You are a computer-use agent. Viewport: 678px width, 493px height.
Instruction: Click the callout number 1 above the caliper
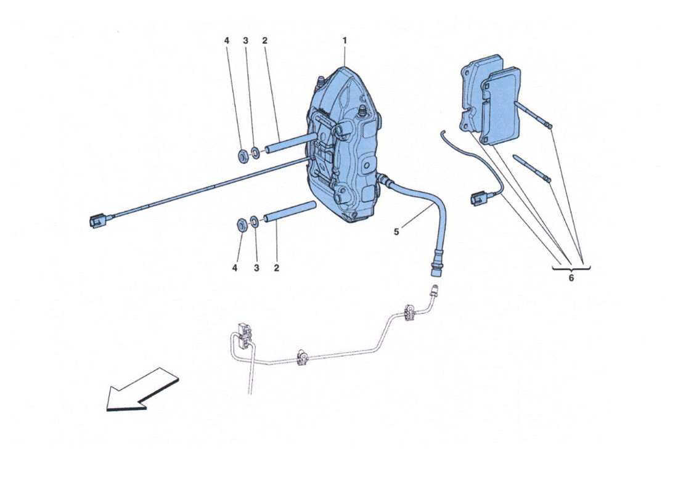pos(345,41)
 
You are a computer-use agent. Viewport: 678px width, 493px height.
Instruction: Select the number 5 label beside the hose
pos(396,232)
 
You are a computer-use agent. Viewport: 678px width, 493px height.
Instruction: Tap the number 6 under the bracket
pos(571,278)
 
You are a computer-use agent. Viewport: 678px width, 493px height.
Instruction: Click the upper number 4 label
pos(226,41)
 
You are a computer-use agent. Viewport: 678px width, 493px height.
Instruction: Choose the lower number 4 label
pos(234,268)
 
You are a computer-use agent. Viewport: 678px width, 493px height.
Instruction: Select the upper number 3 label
pos(245,41)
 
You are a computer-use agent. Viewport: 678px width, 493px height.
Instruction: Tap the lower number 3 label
pos(255,268)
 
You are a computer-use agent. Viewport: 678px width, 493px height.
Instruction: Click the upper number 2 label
pos(264,41)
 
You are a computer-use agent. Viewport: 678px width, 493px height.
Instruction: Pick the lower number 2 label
pos(276,268)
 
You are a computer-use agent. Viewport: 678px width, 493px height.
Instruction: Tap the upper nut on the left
pos(242,153)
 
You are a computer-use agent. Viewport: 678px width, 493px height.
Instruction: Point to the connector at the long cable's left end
pos(97,219)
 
